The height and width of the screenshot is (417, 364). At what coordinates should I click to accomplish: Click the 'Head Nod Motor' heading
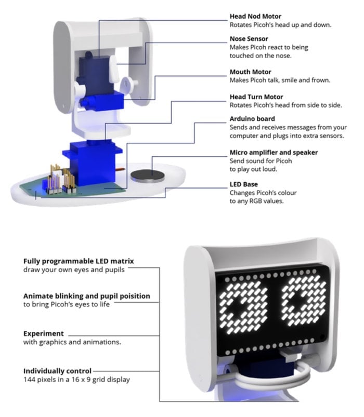256,16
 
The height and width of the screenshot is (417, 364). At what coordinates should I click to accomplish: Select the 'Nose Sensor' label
250,39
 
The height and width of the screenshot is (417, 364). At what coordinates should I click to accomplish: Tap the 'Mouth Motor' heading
250,72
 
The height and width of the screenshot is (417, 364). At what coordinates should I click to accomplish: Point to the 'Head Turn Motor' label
256,97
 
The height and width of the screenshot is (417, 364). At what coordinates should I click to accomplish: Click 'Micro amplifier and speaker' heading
274,153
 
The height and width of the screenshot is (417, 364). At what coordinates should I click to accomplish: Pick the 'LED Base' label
243,184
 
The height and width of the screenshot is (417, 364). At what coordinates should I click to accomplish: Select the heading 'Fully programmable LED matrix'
79,261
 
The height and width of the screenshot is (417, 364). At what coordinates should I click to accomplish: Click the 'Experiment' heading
44,333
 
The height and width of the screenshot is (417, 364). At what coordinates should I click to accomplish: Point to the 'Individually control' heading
57,371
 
